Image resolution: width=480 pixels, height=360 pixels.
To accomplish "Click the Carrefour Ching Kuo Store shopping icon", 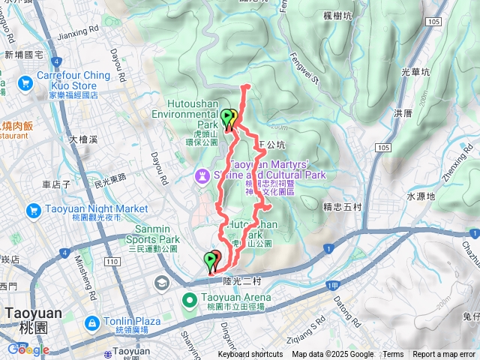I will tap(25, 82).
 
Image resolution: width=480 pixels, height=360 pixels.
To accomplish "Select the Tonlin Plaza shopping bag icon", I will tap(91, 323).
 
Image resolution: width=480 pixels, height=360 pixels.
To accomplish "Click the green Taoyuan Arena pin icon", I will tap(190, 301).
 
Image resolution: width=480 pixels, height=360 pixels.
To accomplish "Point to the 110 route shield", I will tap(112, 261).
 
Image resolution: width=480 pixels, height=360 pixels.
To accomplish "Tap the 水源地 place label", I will tap(421, 196).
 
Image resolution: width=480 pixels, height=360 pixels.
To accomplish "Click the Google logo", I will tap(28, 349).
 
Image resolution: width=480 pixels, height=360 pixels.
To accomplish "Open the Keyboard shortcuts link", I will tap(250, 355).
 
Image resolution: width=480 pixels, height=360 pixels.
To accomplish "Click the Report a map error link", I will tap(443, 355).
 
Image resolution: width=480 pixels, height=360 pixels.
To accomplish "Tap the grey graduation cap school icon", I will tap(162, 283).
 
